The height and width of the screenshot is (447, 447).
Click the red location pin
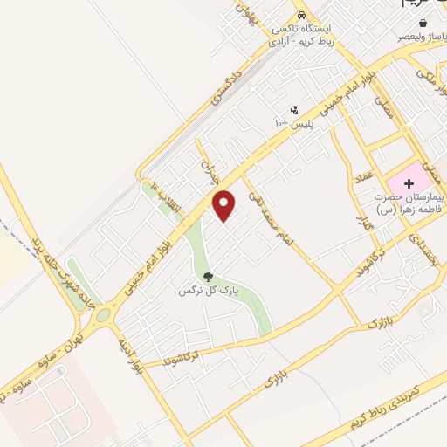coord(225,205)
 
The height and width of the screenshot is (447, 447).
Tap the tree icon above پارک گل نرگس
coord(207,279)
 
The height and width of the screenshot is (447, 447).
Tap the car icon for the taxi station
coord(301,16)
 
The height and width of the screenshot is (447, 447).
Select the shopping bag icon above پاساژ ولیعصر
coord(423,23)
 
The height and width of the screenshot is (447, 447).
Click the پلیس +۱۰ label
coord(294,125)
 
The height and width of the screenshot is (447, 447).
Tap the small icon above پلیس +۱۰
coord(294,111)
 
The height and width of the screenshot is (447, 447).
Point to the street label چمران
coord(208,168)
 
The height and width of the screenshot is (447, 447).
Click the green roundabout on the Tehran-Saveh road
coord(103,313)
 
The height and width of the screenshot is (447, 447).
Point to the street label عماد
coord(363,181)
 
